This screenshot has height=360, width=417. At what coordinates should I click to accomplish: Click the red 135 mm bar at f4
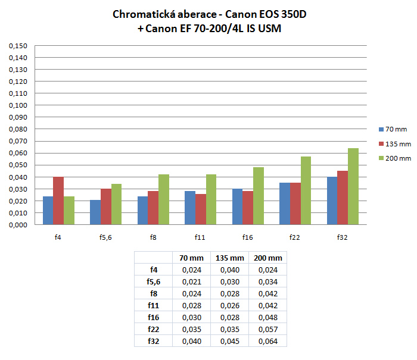tap(58, 201)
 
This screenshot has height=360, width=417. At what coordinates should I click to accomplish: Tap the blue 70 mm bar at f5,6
tap(95, 212)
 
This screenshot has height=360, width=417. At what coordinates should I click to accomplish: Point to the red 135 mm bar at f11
tap(201, 209)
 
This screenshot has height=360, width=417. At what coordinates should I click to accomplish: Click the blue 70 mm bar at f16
tap(237, 207)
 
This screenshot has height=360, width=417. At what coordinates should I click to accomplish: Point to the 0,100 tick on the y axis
tap(20, 105)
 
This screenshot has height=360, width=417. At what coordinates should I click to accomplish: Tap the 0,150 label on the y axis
tap(20, 46)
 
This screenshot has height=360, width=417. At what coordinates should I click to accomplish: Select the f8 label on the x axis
tap(153, 237)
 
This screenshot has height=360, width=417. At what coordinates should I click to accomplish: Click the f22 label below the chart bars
tap(295, 237)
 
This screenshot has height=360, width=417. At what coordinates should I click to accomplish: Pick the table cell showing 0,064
tap(268, 341)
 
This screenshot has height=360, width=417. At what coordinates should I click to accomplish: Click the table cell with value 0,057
tap(268, 329)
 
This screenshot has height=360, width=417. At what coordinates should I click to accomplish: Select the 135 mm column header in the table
tap(229, 258)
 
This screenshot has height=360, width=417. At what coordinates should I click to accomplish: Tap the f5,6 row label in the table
tap(153, 281)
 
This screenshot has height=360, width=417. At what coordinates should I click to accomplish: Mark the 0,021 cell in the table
tap(191, 281)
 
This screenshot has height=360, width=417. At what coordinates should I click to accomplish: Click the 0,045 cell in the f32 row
tap(229, 341)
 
